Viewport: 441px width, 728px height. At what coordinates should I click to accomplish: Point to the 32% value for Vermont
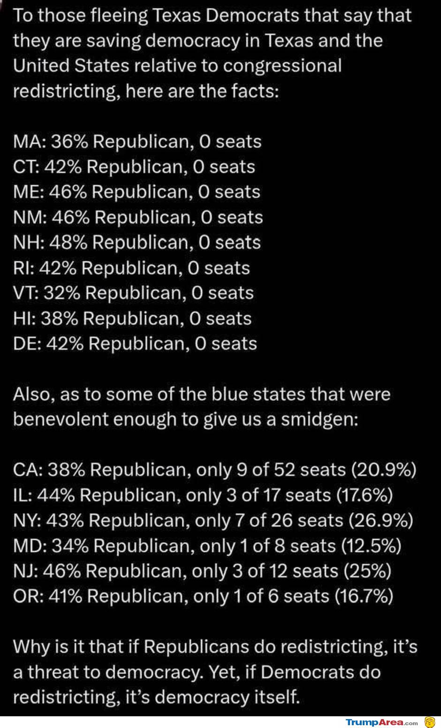63,293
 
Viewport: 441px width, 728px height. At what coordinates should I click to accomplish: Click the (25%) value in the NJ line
367,571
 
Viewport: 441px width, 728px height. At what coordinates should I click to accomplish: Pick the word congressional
282,66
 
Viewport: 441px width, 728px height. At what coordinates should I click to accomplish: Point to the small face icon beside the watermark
430,722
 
